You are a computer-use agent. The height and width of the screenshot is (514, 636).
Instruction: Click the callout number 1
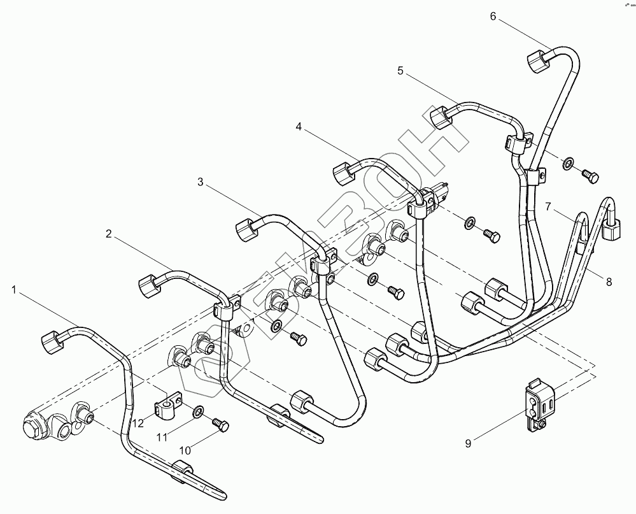13,290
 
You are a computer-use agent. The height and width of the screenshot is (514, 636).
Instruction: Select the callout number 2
109,234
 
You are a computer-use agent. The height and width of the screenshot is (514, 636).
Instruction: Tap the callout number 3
201,182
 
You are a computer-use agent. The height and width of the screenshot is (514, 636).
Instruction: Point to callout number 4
299,127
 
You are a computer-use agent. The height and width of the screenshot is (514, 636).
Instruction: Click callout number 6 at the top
493,17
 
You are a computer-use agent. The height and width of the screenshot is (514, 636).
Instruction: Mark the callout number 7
548,207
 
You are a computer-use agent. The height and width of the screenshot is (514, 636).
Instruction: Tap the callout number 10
185,450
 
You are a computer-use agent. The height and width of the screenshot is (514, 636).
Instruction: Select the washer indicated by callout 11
199,411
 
